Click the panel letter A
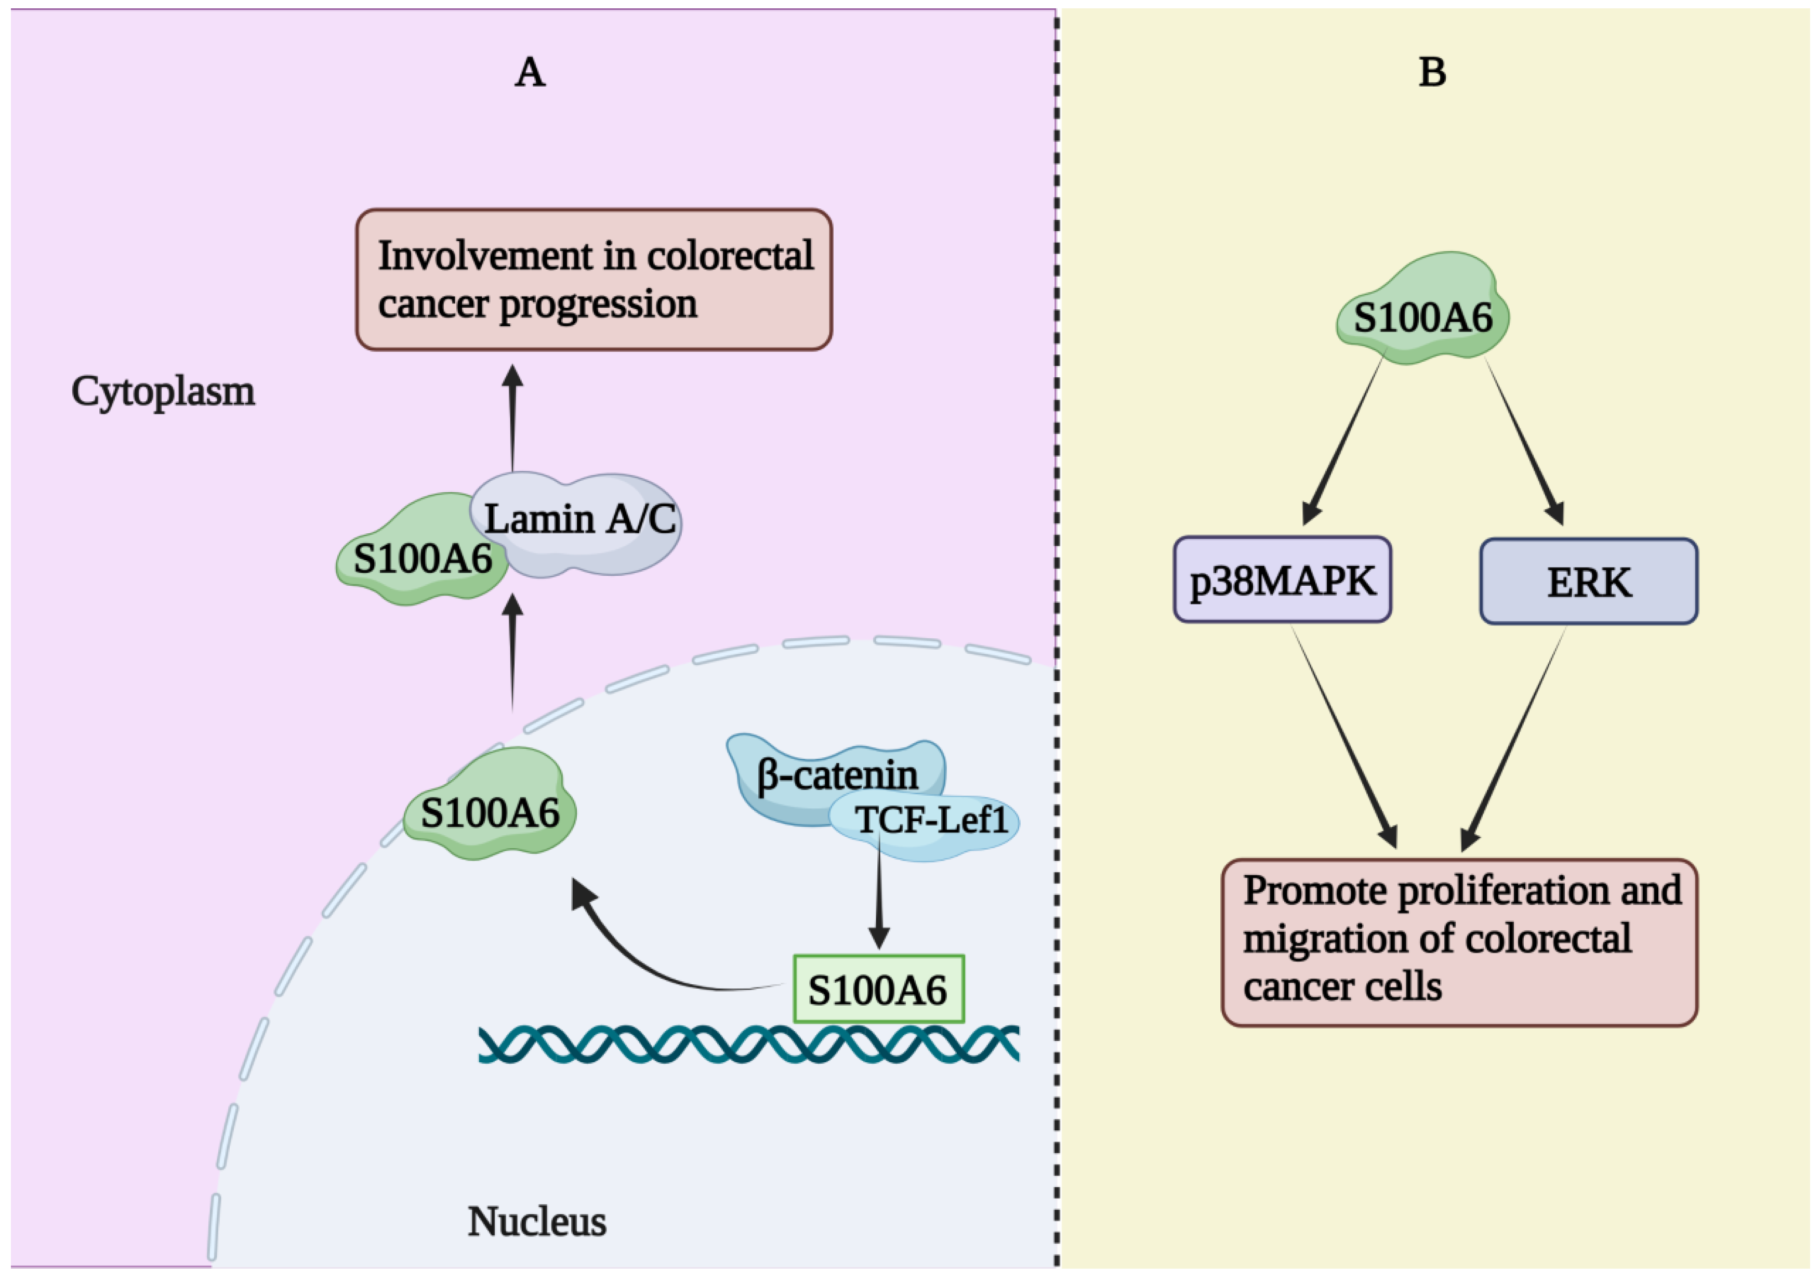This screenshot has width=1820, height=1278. click(530, 72)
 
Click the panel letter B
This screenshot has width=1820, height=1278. click(1432, 72)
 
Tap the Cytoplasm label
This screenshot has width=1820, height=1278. click(163, 392)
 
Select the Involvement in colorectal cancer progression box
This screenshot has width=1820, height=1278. click(594, 279)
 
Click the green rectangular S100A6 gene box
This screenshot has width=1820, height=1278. click(878, 989)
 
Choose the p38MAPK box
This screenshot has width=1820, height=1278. click(1283, 579)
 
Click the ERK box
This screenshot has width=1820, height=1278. click(1589, 581)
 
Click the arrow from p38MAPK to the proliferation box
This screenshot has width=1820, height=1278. click(1344, 736)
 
